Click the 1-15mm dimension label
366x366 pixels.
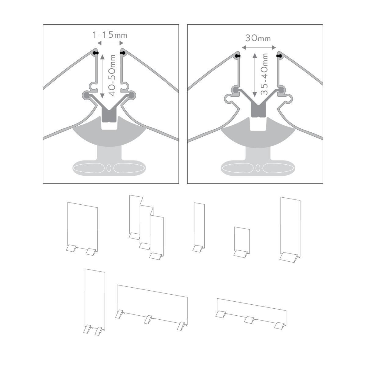click(x=110, y=35)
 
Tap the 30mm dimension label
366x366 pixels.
click(x=258, y=38)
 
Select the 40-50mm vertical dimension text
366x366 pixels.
click(x=113, y=75)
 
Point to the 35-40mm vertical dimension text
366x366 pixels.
click(x=264, y=74)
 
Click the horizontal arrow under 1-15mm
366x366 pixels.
click(x=110, y=43)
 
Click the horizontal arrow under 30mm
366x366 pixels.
click(x=259, y=48)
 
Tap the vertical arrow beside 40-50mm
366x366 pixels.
click(x=102, y=76)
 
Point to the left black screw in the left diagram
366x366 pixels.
click(x=96, y=53)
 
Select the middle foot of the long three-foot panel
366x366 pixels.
click(x=148, y=319)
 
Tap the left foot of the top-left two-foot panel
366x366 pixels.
click(x=71, y=249)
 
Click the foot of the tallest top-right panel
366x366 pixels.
click(x=289, y=257)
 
